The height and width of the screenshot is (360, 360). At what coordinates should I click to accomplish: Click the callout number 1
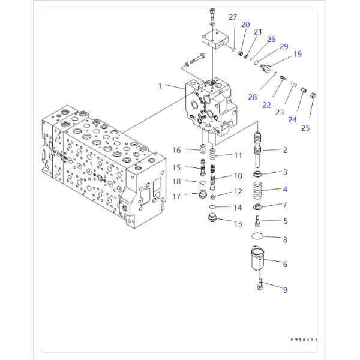pos(160,86)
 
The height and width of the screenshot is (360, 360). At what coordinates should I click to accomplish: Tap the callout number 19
pos(297,55)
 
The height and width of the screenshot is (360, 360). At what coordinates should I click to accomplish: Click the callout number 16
pos(176,149)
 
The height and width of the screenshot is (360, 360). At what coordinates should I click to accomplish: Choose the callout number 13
pos(238,223)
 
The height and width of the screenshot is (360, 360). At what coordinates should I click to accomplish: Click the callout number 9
pos(285,290)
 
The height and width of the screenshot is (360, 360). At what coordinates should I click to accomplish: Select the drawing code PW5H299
pos(304,340)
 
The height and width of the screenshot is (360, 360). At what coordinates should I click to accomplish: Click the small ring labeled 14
pos(212,207)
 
